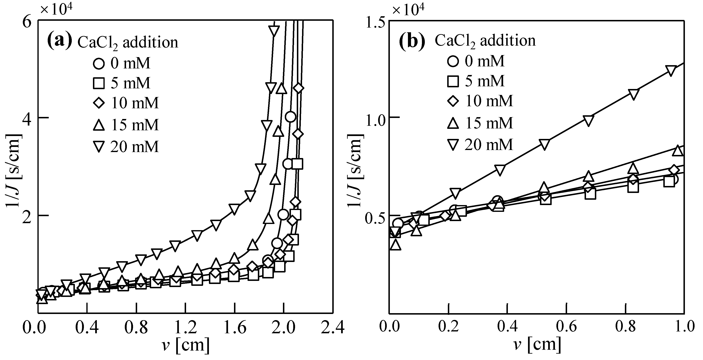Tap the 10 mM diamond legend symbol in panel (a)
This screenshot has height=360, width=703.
pos(98,103)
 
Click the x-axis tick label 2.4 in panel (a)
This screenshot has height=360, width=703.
pos(332,328)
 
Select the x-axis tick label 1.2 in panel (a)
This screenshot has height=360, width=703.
pos(185,328)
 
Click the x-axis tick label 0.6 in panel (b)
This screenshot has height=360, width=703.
pos(566,326)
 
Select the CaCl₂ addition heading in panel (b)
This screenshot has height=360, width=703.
pos(485,41)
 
